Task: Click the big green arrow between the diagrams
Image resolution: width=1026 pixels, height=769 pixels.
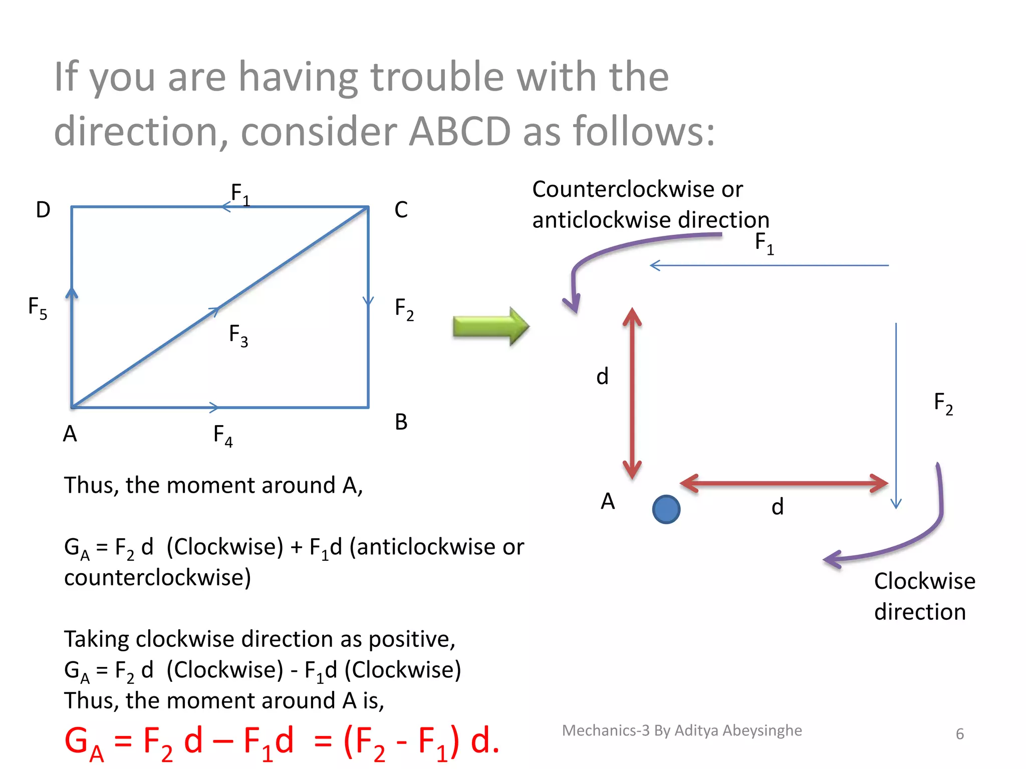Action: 490,326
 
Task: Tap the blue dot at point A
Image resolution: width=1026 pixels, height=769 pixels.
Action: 666,509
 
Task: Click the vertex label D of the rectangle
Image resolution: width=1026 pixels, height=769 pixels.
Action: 43,210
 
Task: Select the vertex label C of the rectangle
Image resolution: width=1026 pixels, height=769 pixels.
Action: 401,210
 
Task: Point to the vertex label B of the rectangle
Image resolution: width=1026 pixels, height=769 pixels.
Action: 401,422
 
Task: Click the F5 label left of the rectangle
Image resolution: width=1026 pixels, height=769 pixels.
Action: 38,307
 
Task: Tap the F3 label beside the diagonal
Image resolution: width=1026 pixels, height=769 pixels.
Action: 238,335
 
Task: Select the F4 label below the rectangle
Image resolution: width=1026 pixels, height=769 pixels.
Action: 223,435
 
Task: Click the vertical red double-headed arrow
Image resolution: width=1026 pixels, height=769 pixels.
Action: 632,393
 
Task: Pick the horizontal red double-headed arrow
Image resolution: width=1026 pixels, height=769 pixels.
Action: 784,484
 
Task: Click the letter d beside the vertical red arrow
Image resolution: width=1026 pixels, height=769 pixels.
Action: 602,376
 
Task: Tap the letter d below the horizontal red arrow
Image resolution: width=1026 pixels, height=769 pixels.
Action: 777,507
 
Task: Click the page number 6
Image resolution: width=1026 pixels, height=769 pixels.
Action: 959,734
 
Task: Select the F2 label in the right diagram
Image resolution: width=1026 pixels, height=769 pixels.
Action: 943,404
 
